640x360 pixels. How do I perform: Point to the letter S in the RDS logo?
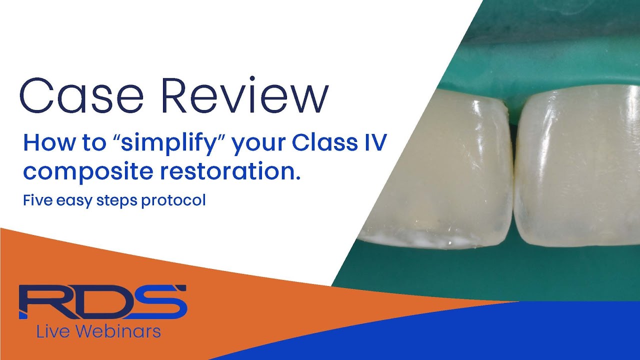pos(159,301)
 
